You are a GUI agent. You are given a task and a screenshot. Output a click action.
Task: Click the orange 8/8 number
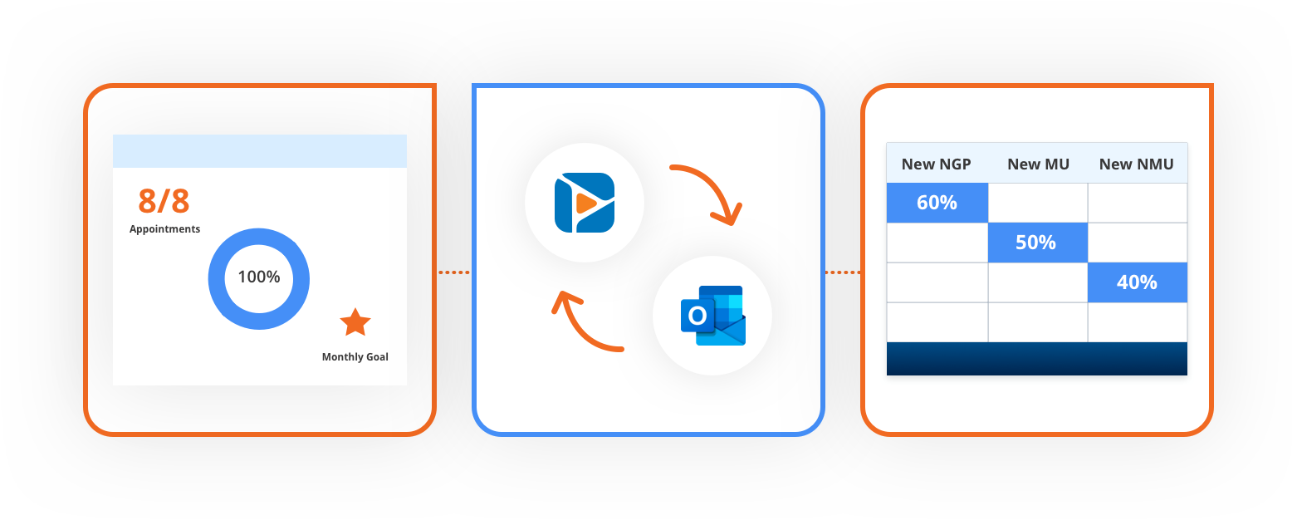pyautogui.click(x=164, y=202)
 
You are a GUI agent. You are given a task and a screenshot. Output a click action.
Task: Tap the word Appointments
pyautogui.click(x=164, y=229)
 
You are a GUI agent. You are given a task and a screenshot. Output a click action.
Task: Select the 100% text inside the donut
pyautogui.click(x=259, y=277)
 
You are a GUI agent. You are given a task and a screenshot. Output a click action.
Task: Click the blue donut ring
pyautogui.click(x=218, y=279)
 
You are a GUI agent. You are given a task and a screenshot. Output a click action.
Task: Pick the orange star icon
pyautogui.click(x=355, y=322)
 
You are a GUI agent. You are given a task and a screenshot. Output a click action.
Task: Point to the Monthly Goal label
pyautogui.click(x=355, y=357)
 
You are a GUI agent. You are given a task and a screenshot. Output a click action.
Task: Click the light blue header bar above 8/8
pyautogui.click(x=260, y=151)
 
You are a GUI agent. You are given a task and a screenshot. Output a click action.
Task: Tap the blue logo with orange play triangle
pyautogui.click(x=585, y=203)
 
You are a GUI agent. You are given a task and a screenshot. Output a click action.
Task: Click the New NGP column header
pyautogui.click(x=937, y=164)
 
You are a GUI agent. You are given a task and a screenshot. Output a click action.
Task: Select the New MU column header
pyautogui.click(x=1038, y=164)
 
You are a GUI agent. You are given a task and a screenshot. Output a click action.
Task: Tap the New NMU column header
pyautogui.click(x=1137, y=164)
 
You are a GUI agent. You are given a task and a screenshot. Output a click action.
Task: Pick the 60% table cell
pyautogui.click(x=937, y=203)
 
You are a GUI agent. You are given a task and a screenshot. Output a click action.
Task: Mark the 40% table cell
pyautogui.click(x=1138, y=282)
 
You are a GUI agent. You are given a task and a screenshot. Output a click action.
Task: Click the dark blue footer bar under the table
pyautogui.click(x=1037, y=359)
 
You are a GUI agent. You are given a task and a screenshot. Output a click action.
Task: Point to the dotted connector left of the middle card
pyautogui.click(x=454, y=272)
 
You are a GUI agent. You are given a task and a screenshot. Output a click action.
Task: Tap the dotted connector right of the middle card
pyautogui.click(x=843, y=272)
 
